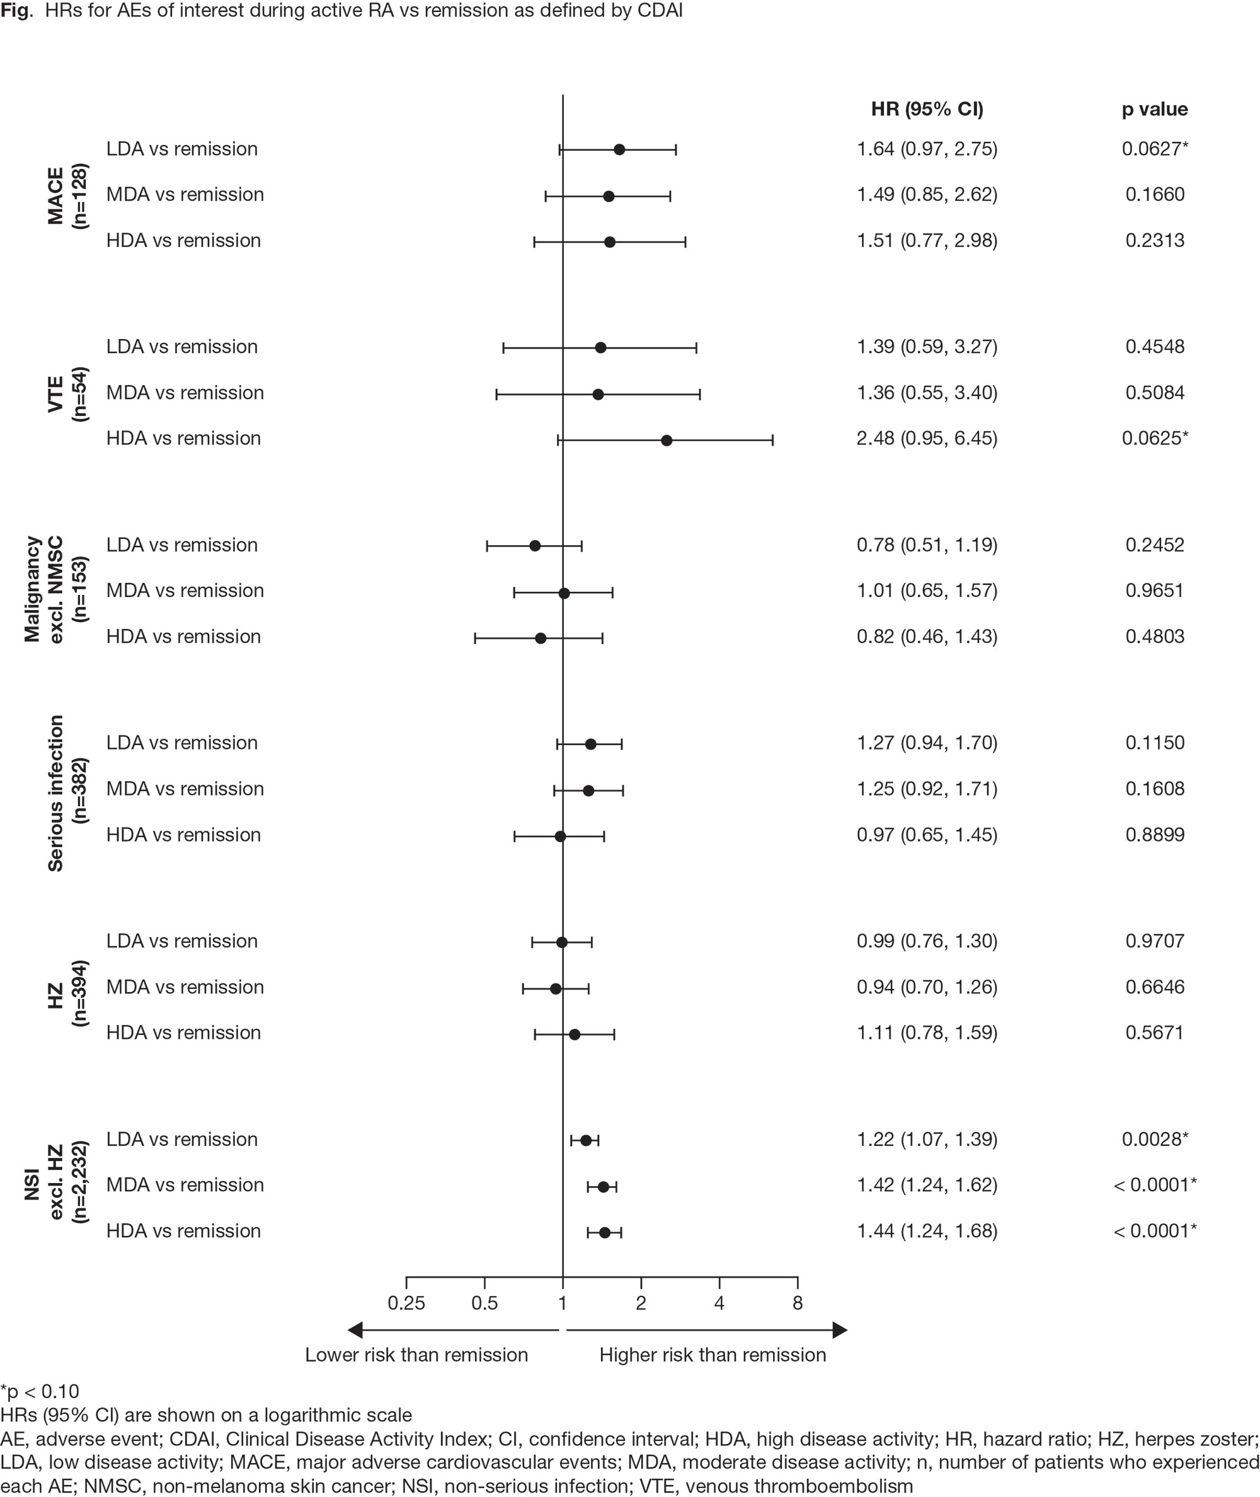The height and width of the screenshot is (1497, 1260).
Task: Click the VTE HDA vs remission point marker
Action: pyautogui.click(x=667, y=440)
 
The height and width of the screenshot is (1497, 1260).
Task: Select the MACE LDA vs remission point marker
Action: pyautogui.click(x=619, y=149)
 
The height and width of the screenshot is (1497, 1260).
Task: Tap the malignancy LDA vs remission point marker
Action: pyautogui.click(x=535, y=546)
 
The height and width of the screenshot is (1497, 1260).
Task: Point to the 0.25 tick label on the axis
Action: pyautogui.click(x=406, y=1303)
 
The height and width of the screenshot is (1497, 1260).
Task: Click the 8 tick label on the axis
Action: pyautogui.click(x=797, y=1303)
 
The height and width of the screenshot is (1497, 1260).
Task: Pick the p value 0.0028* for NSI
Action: pyautogui.click(x=1154, y=1139)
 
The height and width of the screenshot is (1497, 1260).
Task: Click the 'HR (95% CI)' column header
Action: pyautogui.click(x=927, y=109)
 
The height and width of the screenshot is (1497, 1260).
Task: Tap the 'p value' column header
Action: pyautogui.click(x=1154, y=109)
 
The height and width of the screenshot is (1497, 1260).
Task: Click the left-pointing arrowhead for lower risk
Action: pyautogui.click(x=355, y=1330)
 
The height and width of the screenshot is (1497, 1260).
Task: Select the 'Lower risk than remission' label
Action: pyautogui.click(x=416, y=1355)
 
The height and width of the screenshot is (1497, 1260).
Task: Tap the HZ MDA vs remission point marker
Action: pyautogui.click(x=556, y=989)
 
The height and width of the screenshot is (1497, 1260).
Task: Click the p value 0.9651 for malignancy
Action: pyautogui.click(x=1154, y=590)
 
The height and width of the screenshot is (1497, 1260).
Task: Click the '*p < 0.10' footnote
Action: pyautogui.click(x=40, y=1391)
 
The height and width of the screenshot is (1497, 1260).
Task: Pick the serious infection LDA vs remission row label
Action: pyautogui.click(x=182, y=743)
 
